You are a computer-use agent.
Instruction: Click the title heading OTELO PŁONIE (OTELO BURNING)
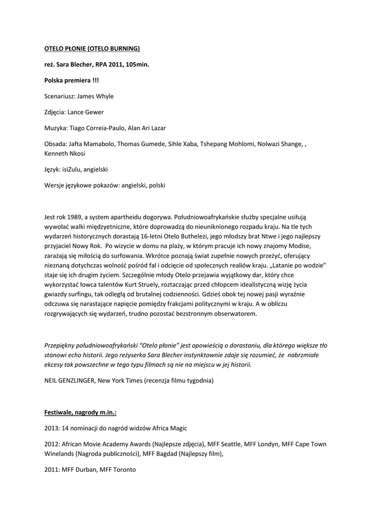92,49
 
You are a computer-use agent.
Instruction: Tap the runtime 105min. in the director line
135,65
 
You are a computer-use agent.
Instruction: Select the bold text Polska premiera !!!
72,81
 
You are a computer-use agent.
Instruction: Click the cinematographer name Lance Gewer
90,112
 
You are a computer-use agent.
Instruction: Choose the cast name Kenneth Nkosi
65,153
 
